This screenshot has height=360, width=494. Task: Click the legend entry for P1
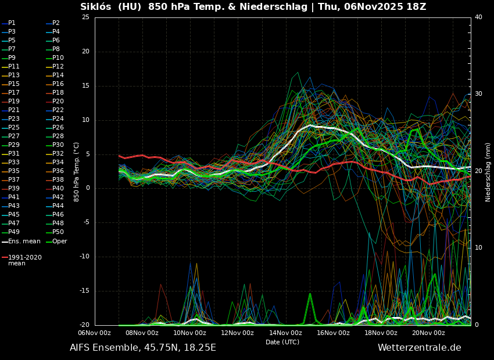click(x=12, y=23)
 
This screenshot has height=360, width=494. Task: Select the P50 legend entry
click(x=58, y=232)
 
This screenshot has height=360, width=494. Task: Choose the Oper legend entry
click(x=59, y=242)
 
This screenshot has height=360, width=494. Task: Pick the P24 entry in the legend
click(x=58, y=119)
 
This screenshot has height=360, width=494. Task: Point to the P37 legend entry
click(x=13, y=180)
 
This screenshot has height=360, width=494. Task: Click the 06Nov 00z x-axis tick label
click(x=94, y=333)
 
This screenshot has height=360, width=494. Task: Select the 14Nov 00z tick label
click(x=285, y=333)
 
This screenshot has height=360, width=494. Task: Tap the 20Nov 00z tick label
click(x=429, y=333)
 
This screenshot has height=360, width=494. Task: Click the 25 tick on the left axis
click(x=85, y=17)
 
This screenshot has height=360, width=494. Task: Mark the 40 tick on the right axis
click(x=478, y=17)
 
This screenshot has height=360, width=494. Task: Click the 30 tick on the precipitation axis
click(x=478, y=94)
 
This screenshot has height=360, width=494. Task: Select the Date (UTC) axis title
click(x=282, y=343)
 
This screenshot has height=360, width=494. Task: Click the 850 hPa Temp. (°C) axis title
click(x=77, y=172)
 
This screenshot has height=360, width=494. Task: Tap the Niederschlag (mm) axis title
click(x=488, y=172)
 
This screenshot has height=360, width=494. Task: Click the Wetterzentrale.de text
click(x=419, y=348)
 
